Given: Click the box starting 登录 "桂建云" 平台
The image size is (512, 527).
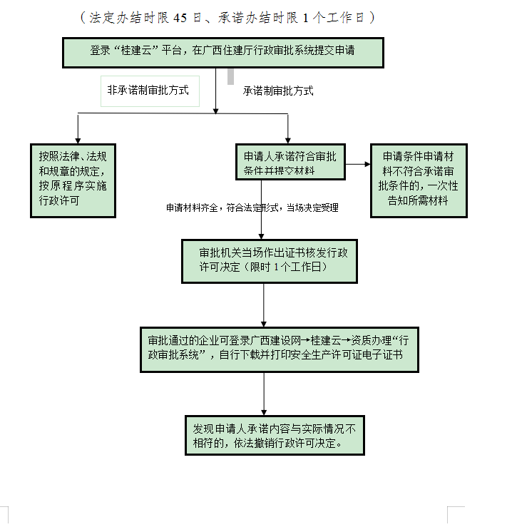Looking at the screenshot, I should point(223,52).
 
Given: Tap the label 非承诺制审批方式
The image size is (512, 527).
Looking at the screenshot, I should point(149,91).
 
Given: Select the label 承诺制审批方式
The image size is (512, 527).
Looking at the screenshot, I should point(278,91).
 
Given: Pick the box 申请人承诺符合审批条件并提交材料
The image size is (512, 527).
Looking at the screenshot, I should point(290,163).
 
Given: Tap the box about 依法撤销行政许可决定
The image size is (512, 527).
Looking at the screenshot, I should point(275,435).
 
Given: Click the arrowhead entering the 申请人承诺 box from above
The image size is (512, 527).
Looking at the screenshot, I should point(288,140).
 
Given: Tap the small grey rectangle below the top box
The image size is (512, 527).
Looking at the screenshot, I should point(230,75).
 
